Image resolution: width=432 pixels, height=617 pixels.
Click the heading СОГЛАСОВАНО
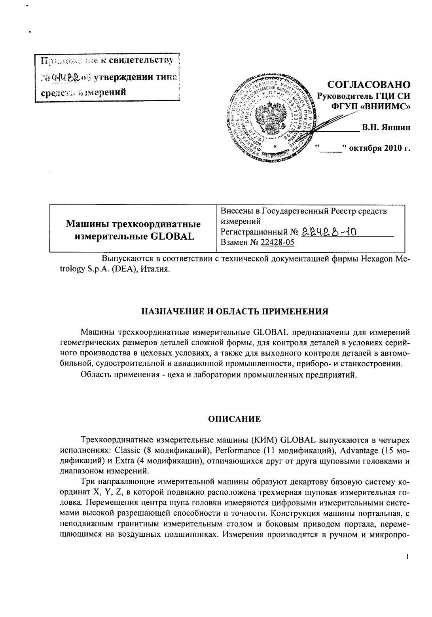tap(369, 85)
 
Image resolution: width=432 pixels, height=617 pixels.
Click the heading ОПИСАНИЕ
tap(235, 419)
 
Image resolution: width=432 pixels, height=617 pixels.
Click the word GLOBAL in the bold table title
tap(174, 237)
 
